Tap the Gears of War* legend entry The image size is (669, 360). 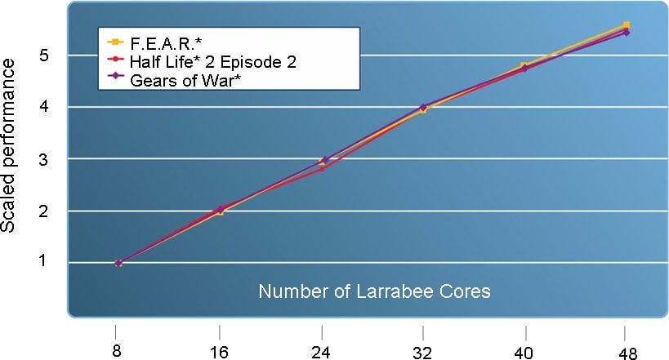coord(181,78)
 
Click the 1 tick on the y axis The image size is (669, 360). coord(50,263)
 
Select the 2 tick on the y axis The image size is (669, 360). coord(50,211)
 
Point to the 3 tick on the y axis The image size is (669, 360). coord(50,158)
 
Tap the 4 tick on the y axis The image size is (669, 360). coord(50,107)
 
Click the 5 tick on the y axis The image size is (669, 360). coord(50,56)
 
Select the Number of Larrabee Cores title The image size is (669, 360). coord(375,291)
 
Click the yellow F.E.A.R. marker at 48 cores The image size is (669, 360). coord(626,25)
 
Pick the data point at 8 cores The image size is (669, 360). coord(118,263)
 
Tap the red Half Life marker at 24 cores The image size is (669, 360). coord(322,168)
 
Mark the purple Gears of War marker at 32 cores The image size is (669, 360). coord(423,107)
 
